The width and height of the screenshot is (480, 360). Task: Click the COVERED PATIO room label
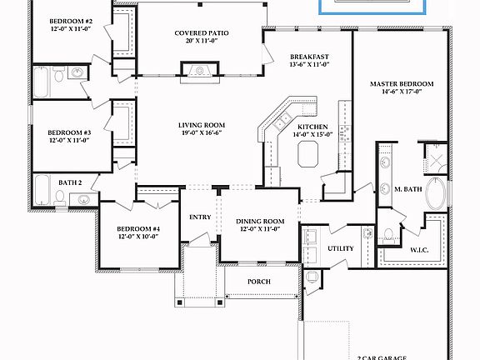202,34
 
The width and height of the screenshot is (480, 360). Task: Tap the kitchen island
307,152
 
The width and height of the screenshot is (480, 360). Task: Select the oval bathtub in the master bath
436,191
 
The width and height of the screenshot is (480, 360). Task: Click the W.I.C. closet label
419,248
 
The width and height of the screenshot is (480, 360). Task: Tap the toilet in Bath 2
60,198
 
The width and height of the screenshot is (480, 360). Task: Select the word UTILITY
341,248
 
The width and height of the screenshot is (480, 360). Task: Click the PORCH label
259,282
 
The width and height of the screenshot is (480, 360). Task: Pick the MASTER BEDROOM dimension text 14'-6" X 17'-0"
402,93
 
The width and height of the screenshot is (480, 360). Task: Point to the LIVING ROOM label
202,125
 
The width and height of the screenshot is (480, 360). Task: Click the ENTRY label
200,217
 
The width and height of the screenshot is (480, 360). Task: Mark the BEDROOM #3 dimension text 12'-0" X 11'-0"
68,140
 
